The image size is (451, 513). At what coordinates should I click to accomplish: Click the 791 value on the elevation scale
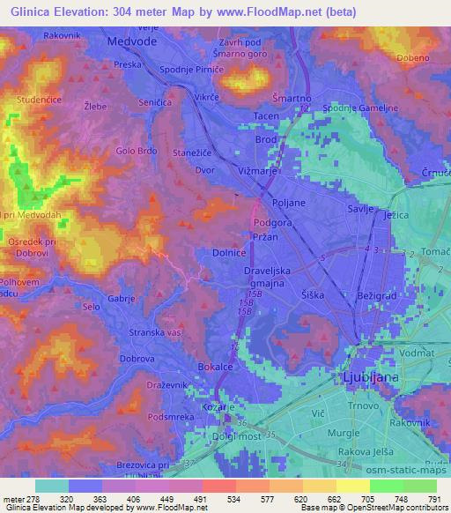tap(433, 498)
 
